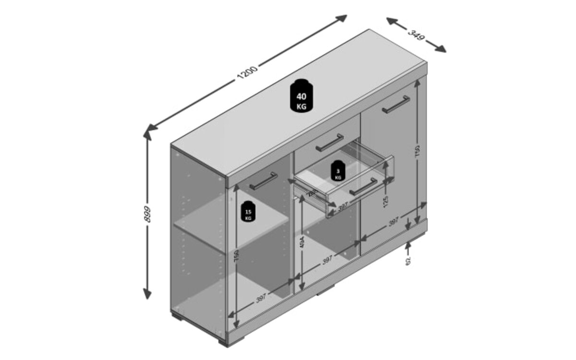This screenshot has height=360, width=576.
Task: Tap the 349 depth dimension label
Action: [x=416, y=35]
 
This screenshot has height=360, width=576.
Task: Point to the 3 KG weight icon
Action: [x=338, y=171]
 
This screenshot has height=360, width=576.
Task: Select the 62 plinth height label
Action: [x=408, y=260]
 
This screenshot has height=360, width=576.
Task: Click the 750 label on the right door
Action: [x=418, y=151]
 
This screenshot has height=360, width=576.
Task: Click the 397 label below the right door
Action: [x=394, y=222]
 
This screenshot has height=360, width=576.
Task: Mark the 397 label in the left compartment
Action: [x=261, y=298]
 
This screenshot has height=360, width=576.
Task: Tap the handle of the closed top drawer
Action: [x=329, y=142]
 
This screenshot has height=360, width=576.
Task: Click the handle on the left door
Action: [x=263, y=181]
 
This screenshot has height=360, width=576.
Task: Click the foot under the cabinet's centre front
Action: [x=326, y=291]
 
